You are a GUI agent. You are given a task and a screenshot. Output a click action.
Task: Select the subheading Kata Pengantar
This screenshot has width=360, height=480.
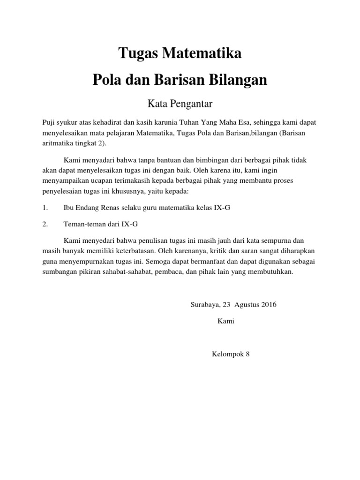pos(180,102)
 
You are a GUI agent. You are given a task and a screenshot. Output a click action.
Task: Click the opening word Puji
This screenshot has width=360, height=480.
pos(49,122)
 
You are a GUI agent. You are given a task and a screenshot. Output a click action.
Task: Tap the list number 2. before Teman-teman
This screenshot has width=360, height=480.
pos(45,224)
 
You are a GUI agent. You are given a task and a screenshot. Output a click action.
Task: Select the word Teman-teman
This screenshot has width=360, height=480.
pos(83,224)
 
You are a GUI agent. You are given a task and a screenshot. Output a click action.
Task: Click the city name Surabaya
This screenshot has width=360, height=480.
pos(205,305)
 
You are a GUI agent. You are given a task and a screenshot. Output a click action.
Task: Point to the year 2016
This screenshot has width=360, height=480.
pos(268,305)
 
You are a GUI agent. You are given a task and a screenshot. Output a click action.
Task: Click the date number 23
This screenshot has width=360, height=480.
pos(227,305)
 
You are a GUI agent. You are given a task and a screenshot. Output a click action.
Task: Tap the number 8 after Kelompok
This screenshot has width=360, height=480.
pos(248,354)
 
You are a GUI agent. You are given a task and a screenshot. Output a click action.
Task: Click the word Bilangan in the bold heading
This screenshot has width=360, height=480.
pos(240,80)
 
